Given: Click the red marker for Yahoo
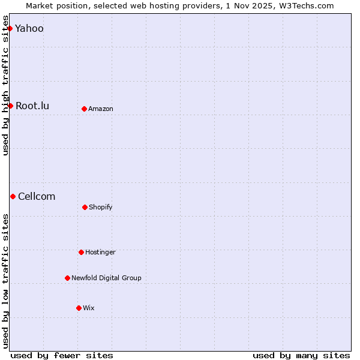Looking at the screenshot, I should click(10, 28).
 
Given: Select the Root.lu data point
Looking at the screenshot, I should click(10, 106).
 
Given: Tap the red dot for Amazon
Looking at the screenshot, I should click(84, 109).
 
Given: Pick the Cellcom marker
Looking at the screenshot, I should click(13, 196).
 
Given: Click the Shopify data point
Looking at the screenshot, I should click(85, 207).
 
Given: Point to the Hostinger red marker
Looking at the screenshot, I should click(81, 252).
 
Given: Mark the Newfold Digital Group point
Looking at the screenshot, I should click(67, 278).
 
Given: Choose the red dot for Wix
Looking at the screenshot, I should click(79, 308).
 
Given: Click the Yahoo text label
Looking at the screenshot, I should click(29, 28).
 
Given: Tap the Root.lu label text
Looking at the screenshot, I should click(32, 106).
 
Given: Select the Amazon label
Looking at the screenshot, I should click(101, 109).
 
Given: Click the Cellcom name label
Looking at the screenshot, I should click(37, 196).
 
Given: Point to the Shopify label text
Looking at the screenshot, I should click(101, 207).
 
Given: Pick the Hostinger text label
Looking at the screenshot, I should click(100, 252).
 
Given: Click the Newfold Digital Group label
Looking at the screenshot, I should click(106, 278).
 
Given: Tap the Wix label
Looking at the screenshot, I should click(89, 308).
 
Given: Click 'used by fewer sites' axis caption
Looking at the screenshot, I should click(62, 355).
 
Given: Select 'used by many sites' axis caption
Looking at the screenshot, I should click(301, 355).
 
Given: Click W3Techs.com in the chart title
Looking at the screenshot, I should click(304, 5).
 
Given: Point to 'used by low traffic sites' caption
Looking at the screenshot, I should click(5, 281).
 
